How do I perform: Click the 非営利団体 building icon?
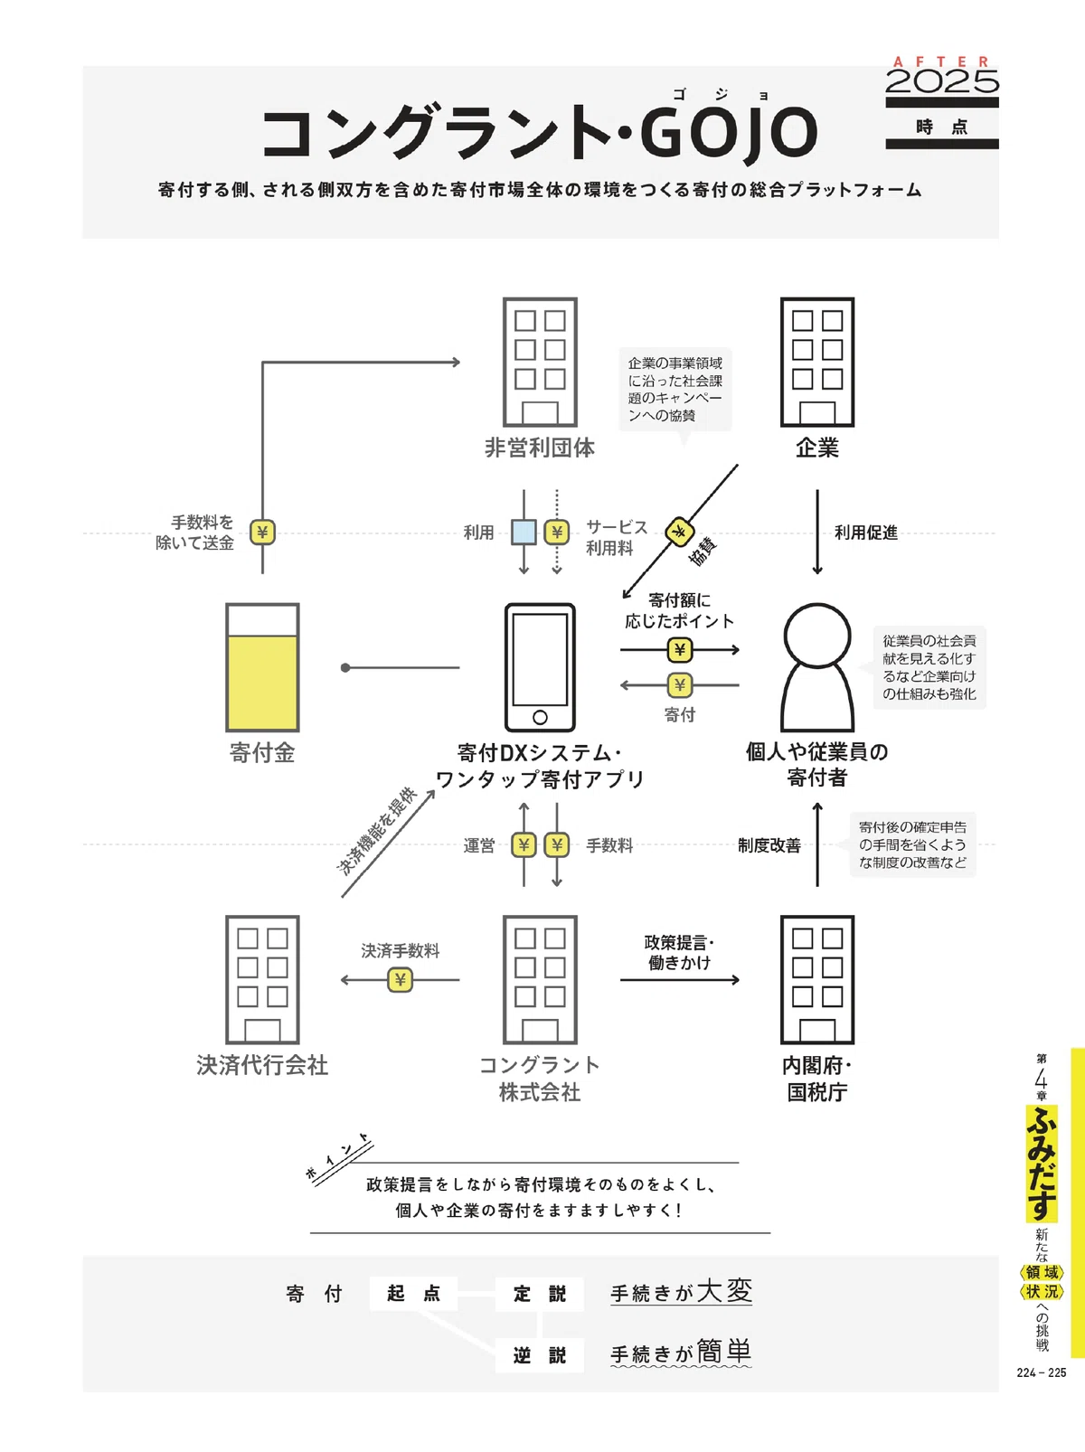click(x=540, y=362)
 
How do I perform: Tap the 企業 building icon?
click(x=817, y=362)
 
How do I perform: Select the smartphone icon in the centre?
click(x=540, y=667)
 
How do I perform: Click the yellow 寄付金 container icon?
click(x=262, y=667)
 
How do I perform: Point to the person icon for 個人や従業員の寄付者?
click(x=817, y=667)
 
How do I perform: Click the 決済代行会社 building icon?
click(x=262, y=980)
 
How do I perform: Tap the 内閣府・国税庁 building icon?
click(x=817, y=980)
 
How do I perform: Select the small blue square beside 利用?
click(x=524, y=533)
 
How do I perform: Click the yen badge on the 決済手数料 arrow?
click(x=401, y=980)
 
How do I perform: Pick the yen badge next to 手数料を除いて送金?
click(x=262, y=533)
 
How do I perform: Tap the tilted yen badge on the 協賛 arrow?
click(x=679, y=532)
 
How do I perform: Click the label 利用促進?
click(x=866, y=533)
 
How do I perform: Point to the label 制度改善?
click(x=769, y=845)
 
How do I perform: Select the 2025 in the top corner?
click(x=942, y=81)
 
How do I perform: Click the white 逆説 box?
click(x=539, y=1355)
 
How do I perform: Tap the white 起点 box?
click(x=413, y=1293)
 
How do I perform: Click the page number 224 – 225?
click(x=1042, y=1372)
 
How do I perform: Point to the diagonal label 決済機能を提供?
click(x=376, y=831)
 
